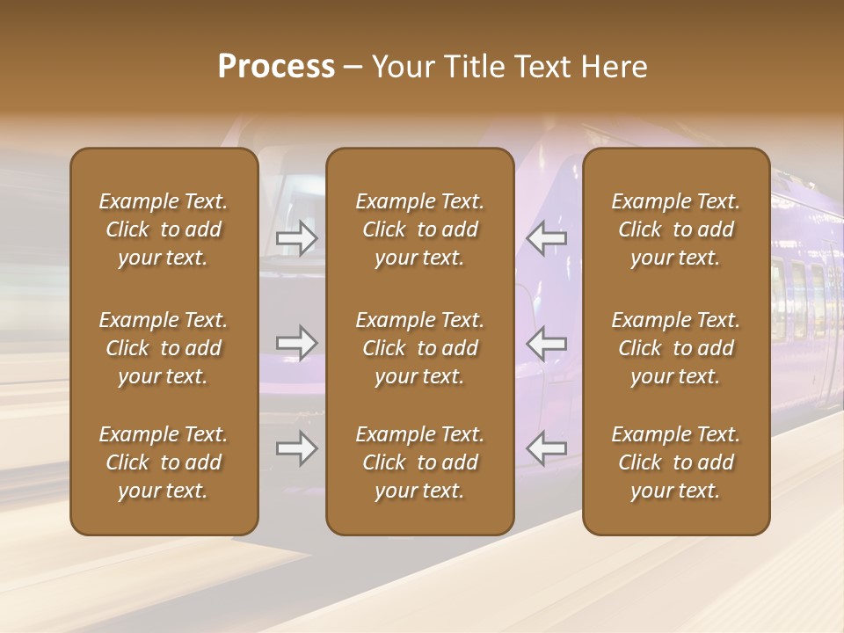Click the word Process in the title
tap(276, 67)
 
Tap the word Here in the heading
tap(612, 67)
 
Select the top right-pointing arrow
tap(296, 238)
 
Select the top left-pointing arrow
tap(547, 238)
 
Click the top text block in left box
tap(164, 229)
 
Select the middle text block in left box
tap(164, 348)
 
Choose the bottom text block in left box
tap(164, 462)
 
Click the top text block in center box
tap(420, 229)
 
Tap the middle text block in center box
tap(420, 348)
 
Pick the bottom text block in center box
tap(420, 462)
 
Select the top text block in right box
tap(676, 229)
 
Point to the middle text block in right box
tap(676, 348)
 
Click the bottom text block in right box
tap(676, 462)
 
